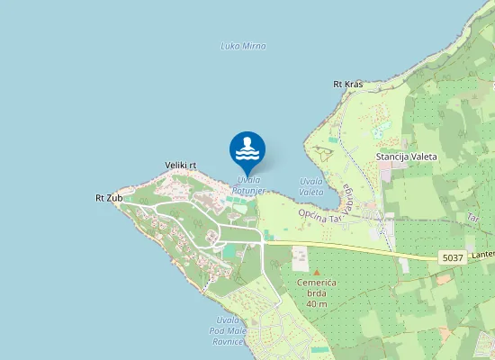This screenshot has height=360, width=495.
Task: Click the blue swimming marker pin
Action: click(x=247, y=150)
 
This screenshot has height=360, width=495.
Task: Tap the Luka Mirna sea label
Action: click(x=243, y=46)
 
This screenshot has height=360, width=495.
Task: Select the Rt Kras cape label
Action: click(x=347, y=85)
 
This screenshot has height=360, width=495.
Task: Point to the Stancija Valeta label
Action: click(x=406, y=157)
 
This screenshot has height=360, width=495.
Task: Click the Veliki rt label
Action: click(x=181, y=166)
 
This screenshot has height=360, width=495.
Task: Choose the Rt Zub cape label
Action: click(x=108, y=197)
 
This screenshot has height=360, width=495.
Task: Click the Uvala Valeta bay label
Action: click(x=311, y=186)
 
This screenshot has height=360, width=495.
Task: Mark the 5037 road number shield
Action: click(x=453, y=258)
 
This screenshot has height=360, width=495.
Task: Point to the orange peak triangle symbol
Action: click(x=316, y=270)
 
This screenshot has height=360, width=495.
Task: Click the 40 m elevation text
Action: click(x=316, y=303)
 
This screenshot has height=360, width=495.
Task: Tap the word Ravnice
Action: click(x=228, y=342)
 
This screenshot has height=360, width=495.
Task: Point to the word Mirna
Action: click(x=254, y=46)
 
